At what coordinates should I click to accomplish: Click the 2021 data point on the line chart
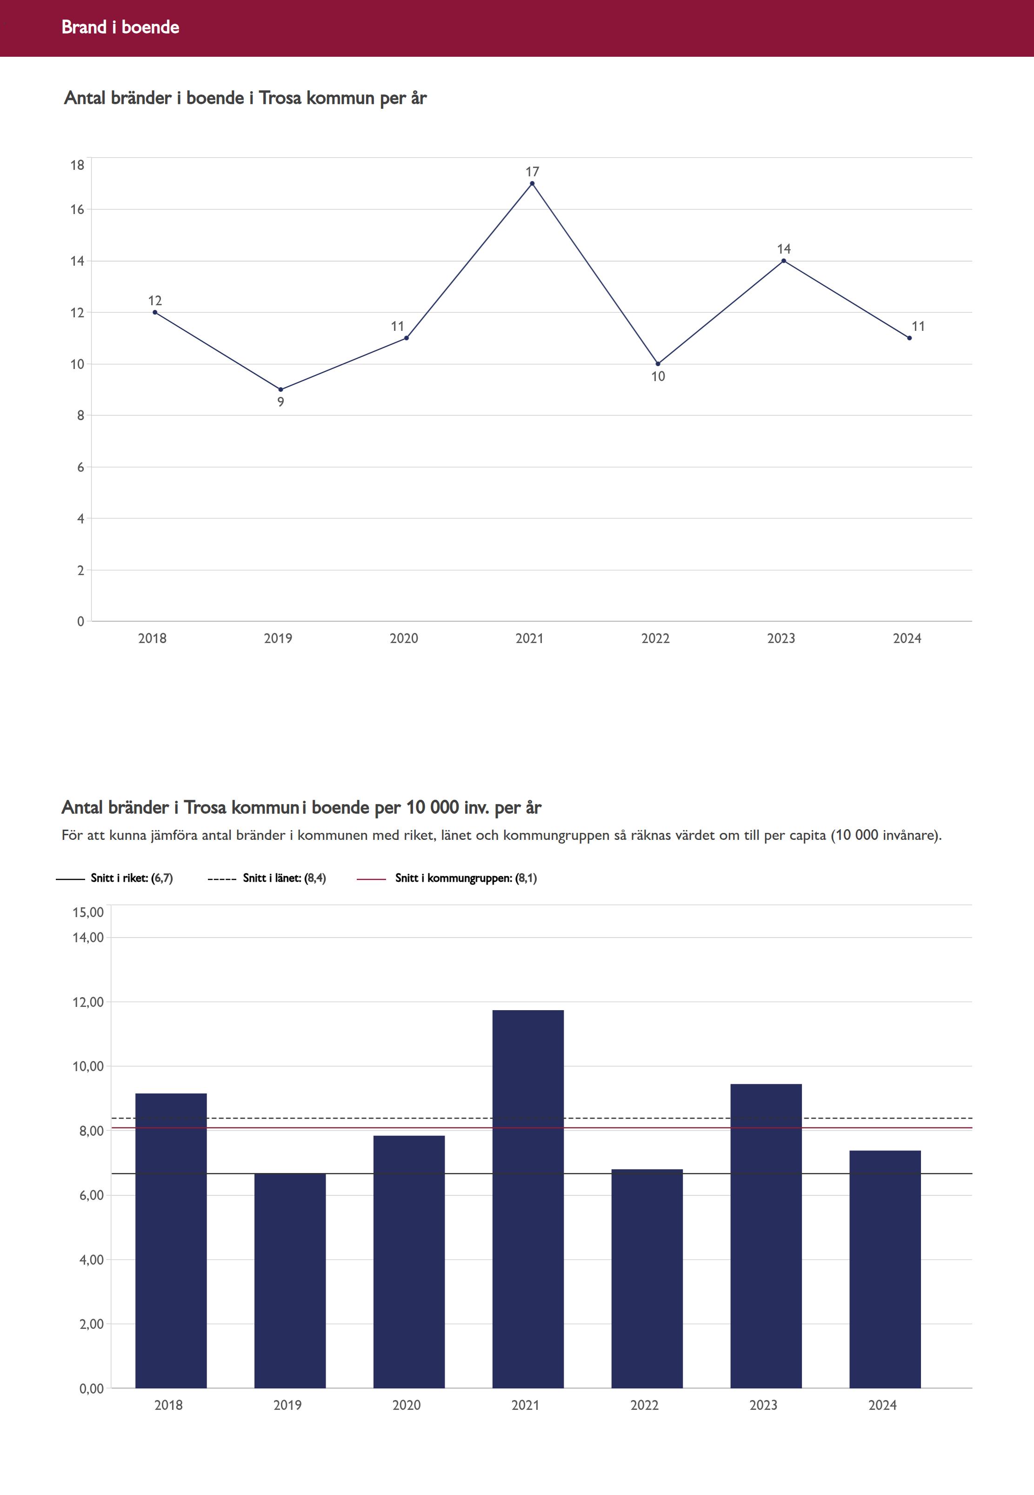532,183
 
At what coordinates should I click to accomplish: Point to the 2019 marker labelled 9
280,389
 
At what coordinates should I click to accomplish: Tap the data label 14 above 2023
784,249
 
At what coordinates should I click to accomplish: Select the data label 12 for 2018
155,301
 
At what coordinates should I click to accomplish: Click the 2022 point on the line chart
658,363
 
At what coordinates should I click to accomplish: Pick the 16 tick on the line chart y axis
78,209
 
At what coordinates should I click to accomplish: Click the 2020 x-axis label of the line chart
404,638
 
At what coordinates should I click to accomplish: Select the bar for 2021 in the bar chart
527,1199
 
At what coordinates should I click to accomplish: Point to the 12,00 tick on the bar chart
88,1002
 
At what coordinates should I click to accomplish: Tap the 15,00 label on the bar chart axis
88,912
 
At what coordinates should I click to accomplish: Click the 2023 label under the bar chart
763,1405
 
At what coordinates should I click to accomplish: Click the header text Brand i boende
120,27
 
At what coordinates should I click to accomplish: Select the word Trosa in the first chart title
280,98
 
